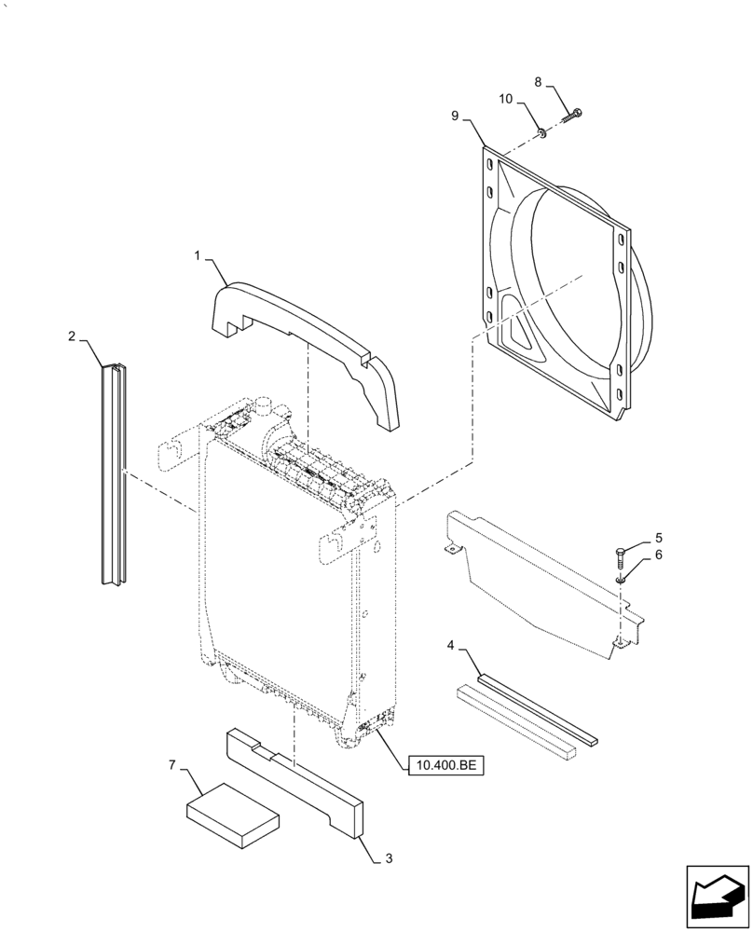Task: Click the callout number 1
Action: point(199,254)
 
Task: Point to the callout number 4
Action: point(451,645)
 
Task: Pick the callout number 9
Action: point(455,115)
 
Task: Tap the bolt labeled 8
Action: point(571,116)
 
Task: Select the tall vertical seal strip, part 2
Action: point(111,475)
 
